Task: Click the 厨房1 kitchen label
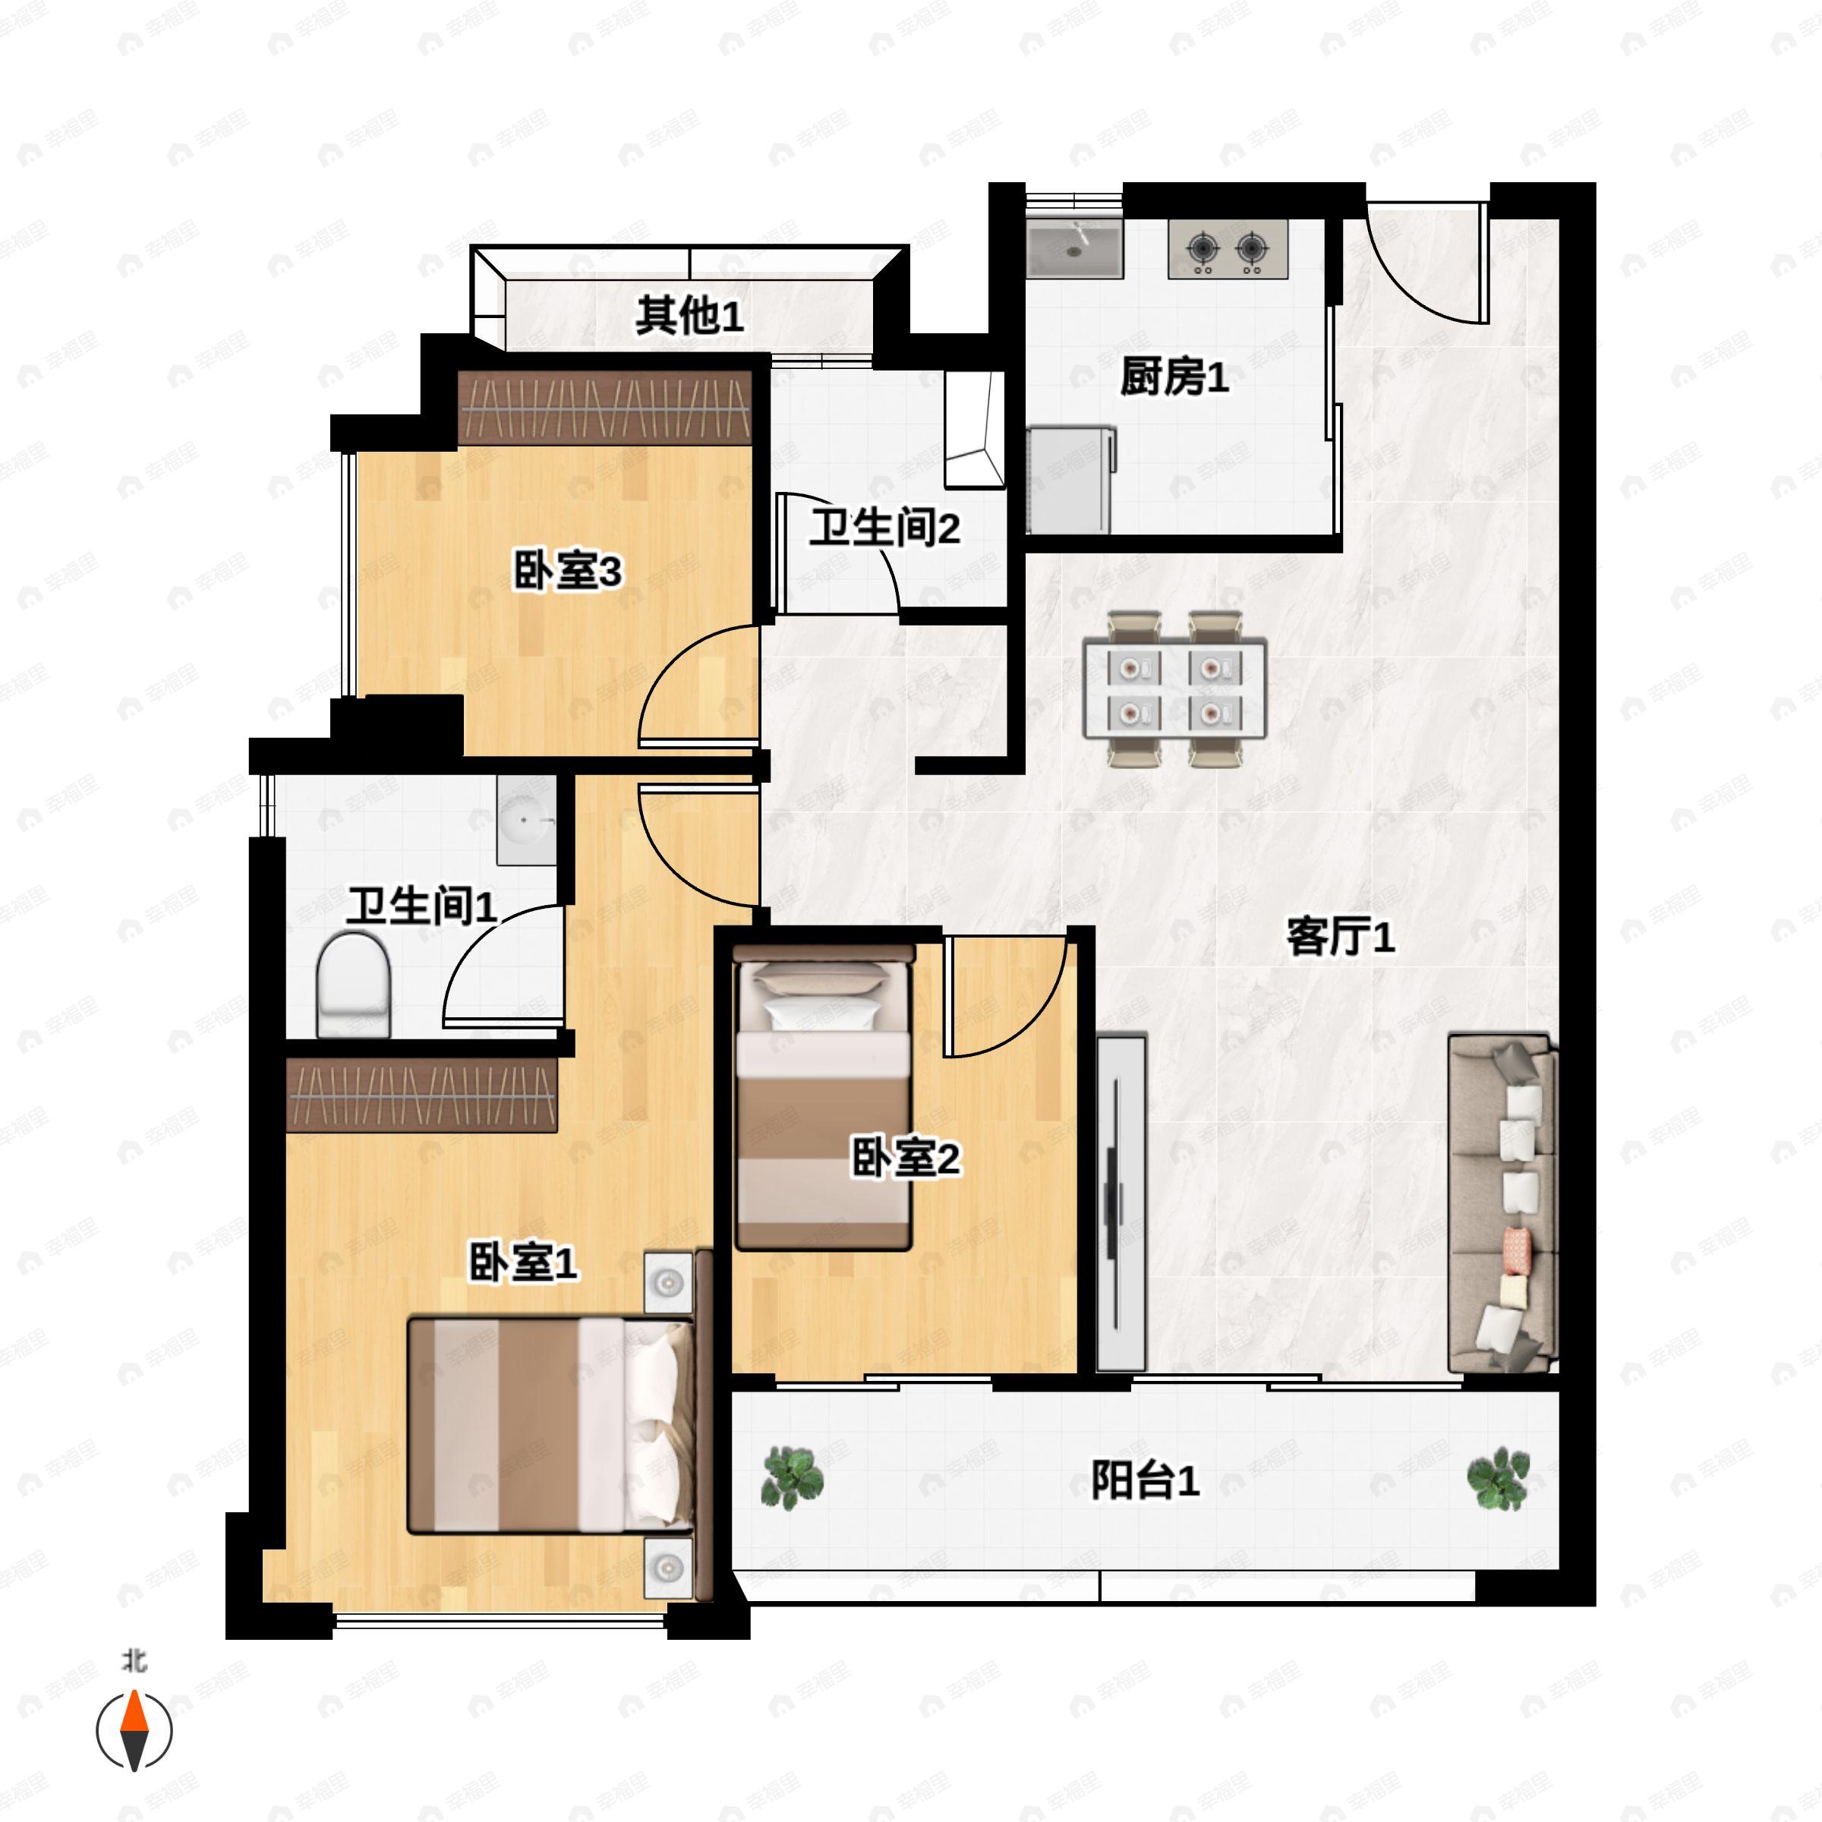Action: click(x=1174, y=377)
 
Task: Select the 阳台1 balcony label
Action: click(x=1145, y=1480)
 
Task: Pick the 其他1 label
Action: click(x=689, y=315)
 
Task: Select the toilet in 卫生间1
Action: click(x=354, y=985)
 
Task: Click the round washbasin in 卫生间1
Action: click(x=525, y=821)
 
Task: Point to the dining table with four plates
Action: click(x=1174, y=689)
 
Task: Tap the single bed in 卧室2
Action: click(x=823, y=1099)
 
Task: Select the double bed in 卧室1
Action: click(x=550, y=1425)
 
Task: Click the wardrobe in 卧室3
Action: click(x=604, y=408)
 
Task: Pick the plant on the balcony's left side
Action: click(x=791, y=1477)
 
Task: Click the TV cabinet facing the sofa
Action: click(x=1121, y=1203)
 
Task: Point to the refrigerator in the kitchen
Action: click(x=1070, y=480)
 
